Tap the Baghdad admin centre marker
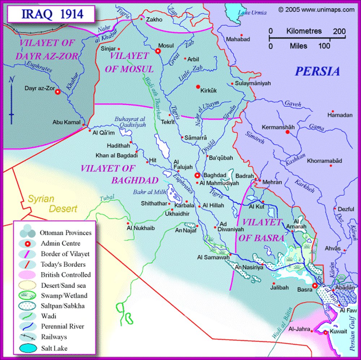pyautogui.click(x=197, y=175)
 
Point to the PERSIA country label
pyautogui.click(x=317, y=71)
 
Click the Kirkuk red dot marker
pyautogui.click(x=197, y=87)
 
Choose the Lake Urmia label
pyautogui.click(x=252, y=13)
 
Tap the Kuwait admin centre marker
pyautogui.click(x=326, y=333)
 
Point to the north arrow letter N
pyautogui.click(x=12, y=79)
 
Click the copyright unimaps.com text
pyautogui.click(x=316, y=10)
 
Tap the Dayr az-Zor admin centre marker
pyautogui.click(x=57, y=92)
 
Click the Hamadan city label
pyautogui.click(x=340, y=115)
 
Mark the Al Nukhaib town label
pyautogui.click(x=139, y=228)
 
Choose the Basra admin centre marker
pyautogui.click(x=315, y=285)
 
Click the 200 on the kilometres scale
pyautogui.click(x=339, y=31)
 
